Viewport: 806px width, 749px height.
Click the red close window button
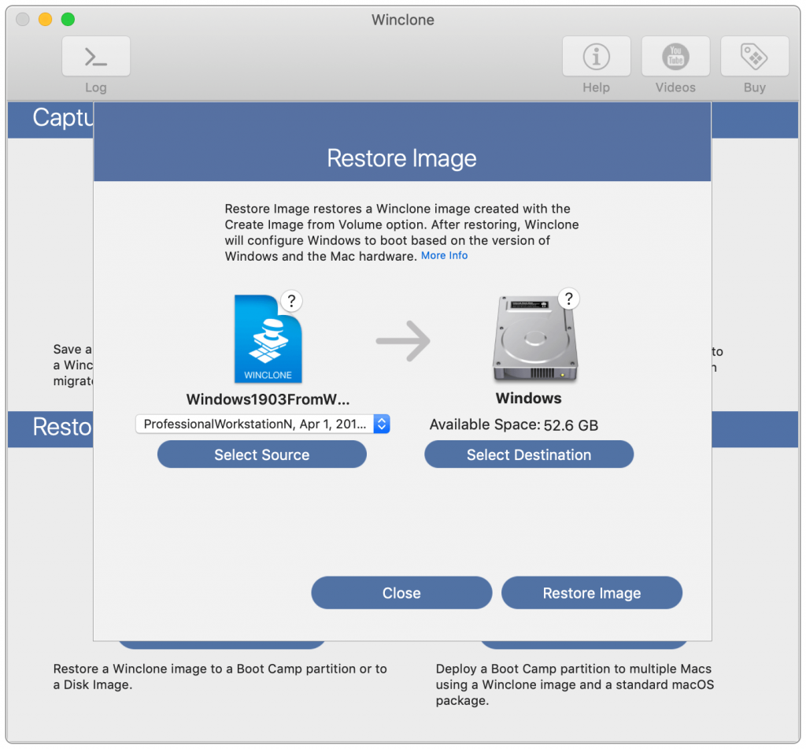click(x=23, y=19)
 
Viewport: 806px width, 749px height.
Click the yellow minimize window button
click(x=45, y=19)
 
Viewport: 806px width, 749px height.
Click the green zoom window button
click(x=68, y=19)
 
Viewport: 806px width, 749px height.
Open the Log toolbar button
click(x=96, y=57)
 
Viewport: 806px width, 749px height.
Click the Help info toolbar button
click(x=596, y=57)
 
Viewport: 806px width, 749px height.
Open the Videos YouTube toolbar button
click(x=675, y=57)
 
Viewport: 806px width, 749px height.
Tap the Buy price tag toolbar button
click(x=754, y=57)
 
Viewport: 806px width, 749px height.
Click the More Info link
click(x=444, y=256)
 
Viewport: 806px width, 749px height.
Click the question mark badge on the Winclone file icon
click(x=291, y=300)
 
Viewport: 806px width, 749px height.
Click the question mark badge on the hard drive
click(x=568, y=298)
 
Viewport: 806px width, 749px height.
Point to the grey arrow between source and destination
click(x=403, y=340)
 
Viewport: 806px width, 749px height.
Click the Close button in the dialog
click(x=401, y=593)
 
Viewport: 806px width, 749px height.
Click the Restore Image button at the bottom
click(x=592, y=593)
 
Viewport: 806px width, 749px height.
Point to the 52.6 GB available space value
click(x=571, y=425)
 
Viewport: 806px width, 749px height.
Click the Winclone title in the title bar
click(x=402, y=19)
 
